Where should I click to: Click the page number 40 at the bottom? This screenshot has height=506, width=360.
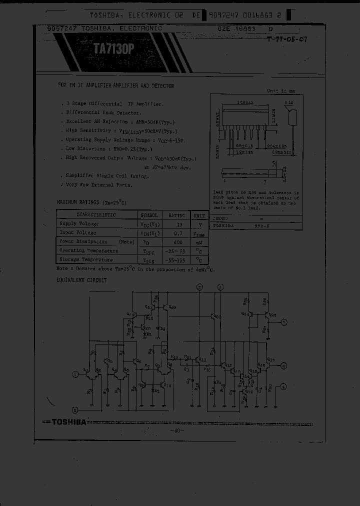point(177,430)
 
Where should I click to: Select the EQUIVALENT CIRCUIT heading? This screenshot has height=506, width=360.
point(81,280)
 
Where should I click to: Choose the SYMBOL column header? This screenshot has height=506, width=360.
point(148,215)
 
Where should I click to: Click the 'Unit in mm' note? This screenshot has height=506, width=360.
point(281,91)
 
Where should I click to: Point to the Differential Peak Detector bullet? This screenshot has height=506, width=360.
point(97,113)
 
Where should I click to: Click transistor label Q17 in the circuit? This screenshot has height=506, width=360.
point(270,359)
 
